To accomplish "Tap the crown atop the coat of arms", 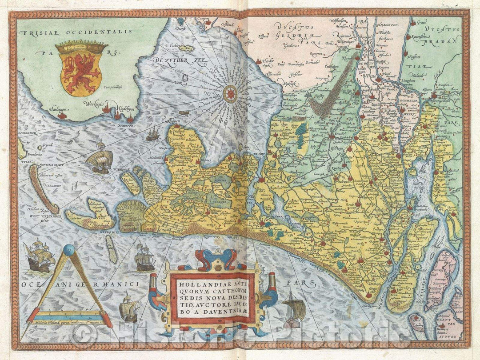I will pos(81,46).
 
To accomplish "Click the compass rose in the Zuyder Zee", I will pos(230,94).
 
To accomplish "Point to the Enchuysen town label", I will pos(170,121).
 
